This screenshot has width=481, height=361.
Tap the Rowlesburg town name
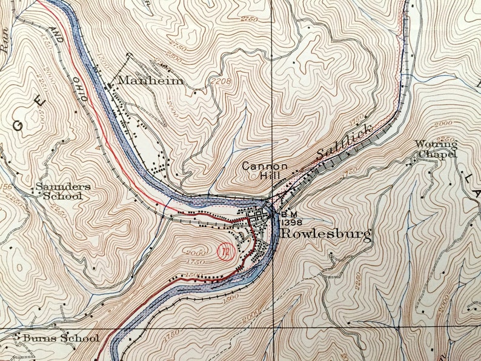tap(325, 235)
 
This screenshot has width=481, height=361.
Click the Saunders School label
tap(62, 191)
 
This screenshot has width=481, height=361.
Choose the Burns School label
tap(60, 338)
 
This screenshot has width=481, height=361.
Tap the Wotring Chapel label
tap(436, 148)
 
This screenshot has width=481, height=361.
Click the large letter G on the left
tap(18, 126)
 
